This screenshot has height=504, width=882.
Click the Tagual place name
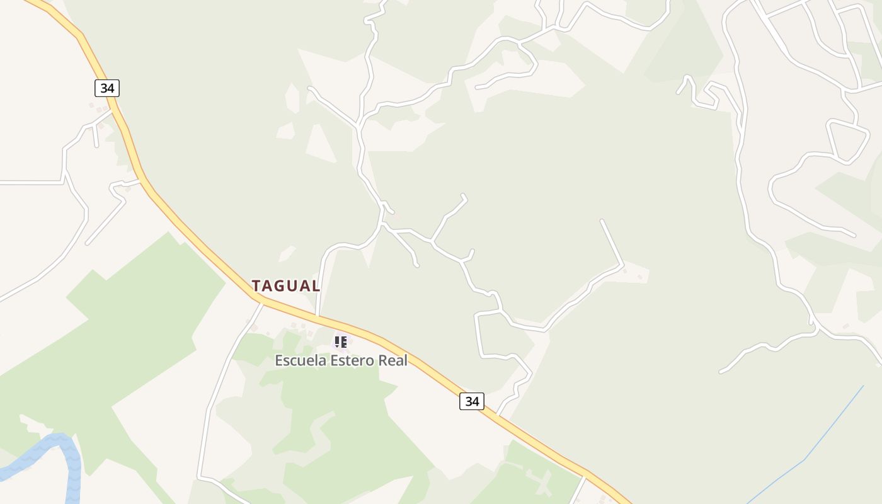click(x=286, y=285)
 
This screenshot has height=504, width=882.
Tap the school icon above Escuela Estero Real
click(x=340, y=342)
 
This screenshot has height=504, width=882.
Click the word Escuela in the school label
click(x=300, y=361)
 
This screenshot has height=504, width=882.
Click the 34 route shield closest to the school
click(x=471, y=401)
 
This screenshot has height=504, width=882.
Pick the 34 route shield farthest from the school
click(x=107, y=88)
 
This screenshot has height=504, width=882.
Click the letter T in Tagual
click(x=257, y=285)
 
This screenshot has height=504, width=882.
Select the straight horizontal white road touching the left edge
click(x=31, y=182)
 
